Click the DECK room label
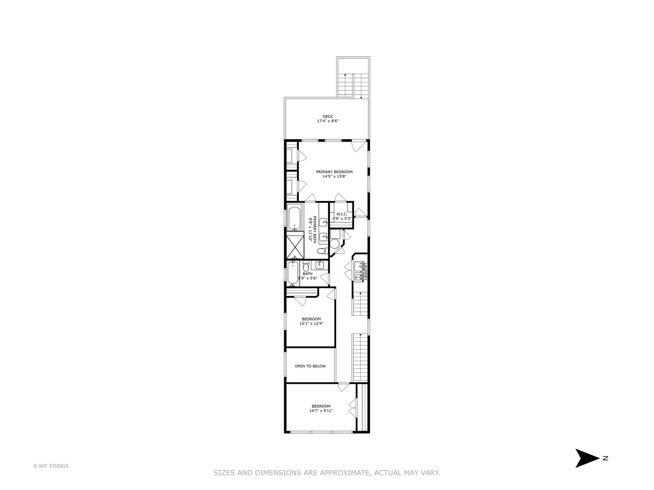[x=328, y=117]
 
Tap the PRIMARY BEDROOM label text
[x=334, y=172]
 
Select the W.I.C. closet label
[x=342, y=214]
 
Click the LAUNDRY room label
[x=365, y=271]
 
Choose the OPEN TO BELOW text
[x=310, y=366]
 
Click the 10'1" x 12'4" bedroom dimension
[x=311, y=324]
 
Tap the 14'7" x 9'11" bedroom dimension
[x=321, y=411]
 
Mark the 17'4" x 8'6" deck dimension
[x=328, y=122]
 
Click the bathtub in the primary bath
[x=294, y=218]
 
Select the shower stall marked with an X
[x=294, y=245]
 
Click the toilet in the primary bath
[x=321, y=250]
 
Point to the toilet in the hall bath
[x=306, y=267]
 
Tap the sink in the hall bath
[x=320, y=264]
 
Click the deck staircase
[x=353, y=85]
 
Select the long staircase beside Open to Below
[x=360, y=357]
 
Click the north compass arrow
[x=588, y=458]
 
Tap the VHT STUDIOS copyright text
[x=51, y=466]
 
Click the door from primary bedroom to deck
[x=359, y=146]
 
